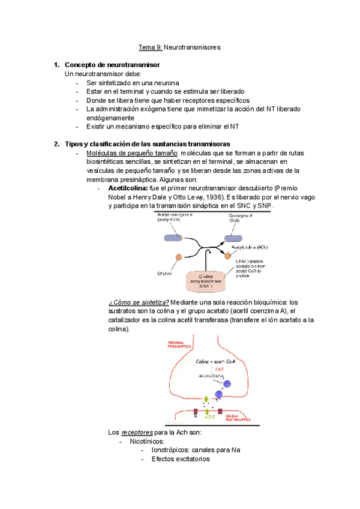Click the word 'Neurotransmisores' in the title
192,47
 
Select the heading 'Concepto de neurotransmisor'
112,65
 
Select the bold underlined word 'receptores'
137,432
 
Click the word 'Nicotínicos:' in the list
147,441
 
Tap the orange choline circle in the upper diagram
178,258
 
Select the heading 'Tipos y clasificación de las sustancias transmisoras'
147,144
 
